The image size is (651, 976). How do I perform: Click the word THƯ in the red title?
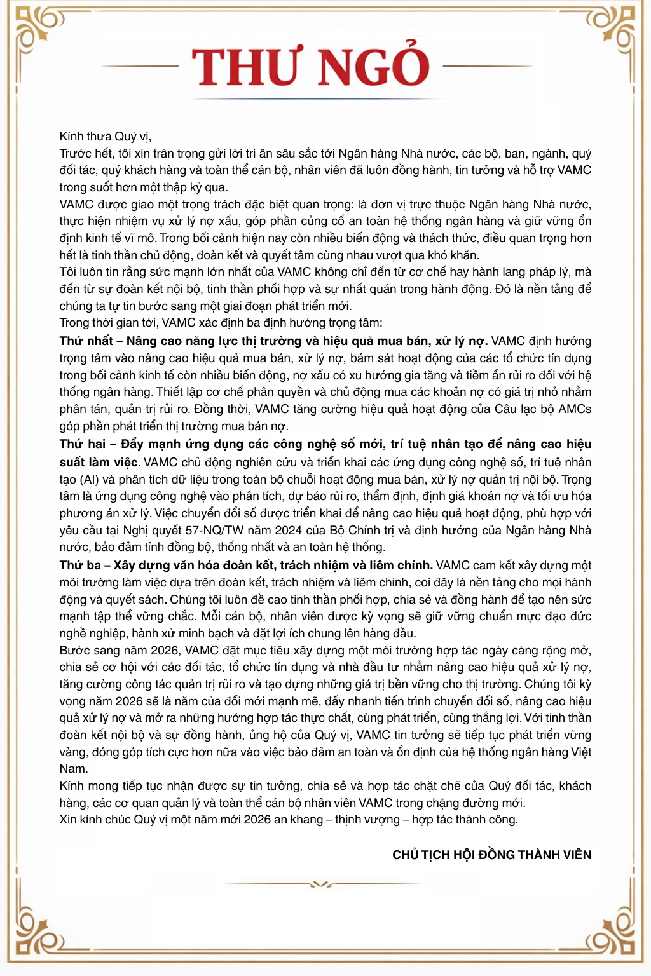pos(245,67)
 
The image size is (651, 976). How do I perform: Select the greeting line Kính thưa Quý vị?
pos(105,137)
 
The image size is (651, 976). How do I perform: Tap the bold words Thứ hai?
pos(83,444)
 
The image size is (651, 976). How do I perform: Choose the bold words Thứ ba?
pos(80,566)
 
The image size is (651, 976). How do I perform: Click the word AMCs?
pos(575,409)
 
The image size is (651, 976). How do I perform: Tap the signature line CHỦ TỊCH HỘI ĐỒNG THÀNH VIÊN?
pos(491,855)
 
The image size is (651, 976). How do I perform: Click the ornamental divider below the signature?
pos(324,884)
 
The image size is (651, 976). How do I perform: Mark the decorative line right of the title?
pos(486,66)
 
